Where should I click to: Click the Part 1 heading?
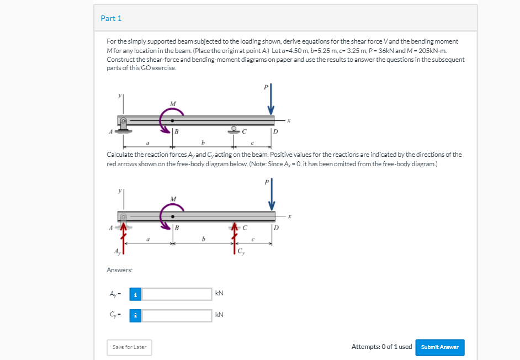pyautogui.click(x=111, y=18)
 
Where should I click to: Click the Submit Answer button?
pyautogui.click(x=440, y=347)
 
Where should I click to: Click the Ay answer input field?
pyautogui.click(x=177, y=294)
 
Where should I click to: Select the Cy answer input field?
pyautogui.click(x=177, y=315)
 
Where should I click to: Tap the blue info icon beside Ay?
pyautogui.click(x=135, y=294)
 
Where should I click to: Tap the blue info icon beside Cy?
pyautogui.click(x=135, y=315)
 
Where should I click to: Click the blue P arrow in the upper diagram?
pyautogui.click(x=271, y=98)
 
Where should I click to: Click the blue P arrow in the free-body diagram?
pyautogui.click(x=272, y=194)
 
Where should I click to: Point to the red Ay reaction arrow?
pyautogui.click(x=123, y=238)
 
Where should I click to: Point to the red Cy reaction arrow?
pyautogui.click(x=235, y=238)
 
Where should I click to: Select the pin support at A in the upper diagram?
pyautogui.click(x=123, y=125)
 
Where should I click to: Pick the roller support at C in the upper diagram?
pyautogui.click(x=234, y=130)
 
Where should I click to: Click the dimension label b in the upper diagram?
pyautogui.click(x=203, y=142)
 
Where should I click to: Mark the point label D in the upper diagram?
pyautogui.click(x=275, y=132)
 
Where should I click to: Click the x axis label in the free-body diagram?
pyautogui.click(x=289, y=216)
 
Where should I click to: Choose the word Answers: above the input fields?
pyautogui.click(x=119, y=270)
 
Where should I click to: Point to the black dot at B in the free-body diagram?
pyautogui.click(x=172, y=216)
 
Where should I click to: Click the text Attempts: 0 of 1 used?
pyautogui.click(x=381, y=347)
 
